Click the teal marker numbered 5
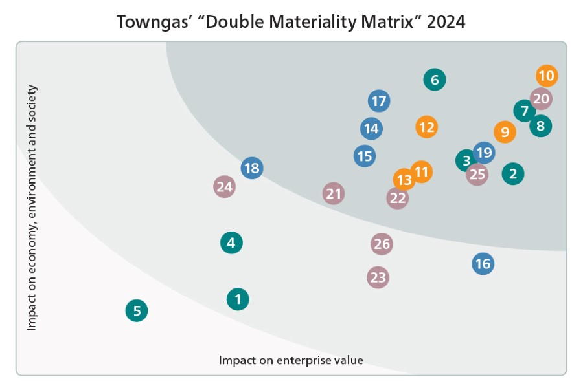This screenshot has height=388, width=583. click(137, 311)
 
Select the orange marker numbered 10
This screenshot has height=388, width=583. click(547, 76)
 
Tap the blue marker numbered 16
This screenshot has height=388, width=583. click(483, 263)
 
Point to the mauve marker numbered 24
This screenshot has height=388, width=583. click(224, 187)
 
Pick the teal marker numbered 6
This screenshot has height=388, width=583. click(435, 80)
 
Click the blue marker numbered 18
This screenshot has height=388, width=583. click(251, 169)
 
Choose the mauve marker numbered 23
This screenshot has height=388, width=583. click(378, 277)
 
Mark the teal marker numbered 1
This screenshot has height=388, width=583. click(238, 299)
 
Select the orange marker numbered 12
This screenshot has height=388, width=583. click(426, 127)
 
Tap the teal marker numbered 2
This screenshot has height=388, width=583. click(513, 173)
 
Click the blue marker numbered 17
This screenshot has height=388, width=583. click(379, 101)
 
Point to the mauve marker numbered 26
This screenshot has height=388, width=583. click(382, 244)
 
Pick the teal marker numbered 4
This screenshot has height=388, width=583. click(231, 243)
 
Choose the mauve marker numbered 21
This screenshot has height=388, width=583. click(334, 193)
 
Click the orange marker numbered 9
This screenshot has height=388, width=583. click(505, 132)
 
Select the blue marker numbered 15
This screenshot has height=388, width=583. click(365, 156)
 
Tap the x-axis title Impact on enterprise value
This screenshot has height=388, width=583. click(291, 360)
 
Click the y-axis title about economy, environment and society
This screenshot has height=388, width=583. click(31, 208)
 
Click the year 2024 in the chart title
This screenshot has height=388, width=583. click(444, 21)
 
